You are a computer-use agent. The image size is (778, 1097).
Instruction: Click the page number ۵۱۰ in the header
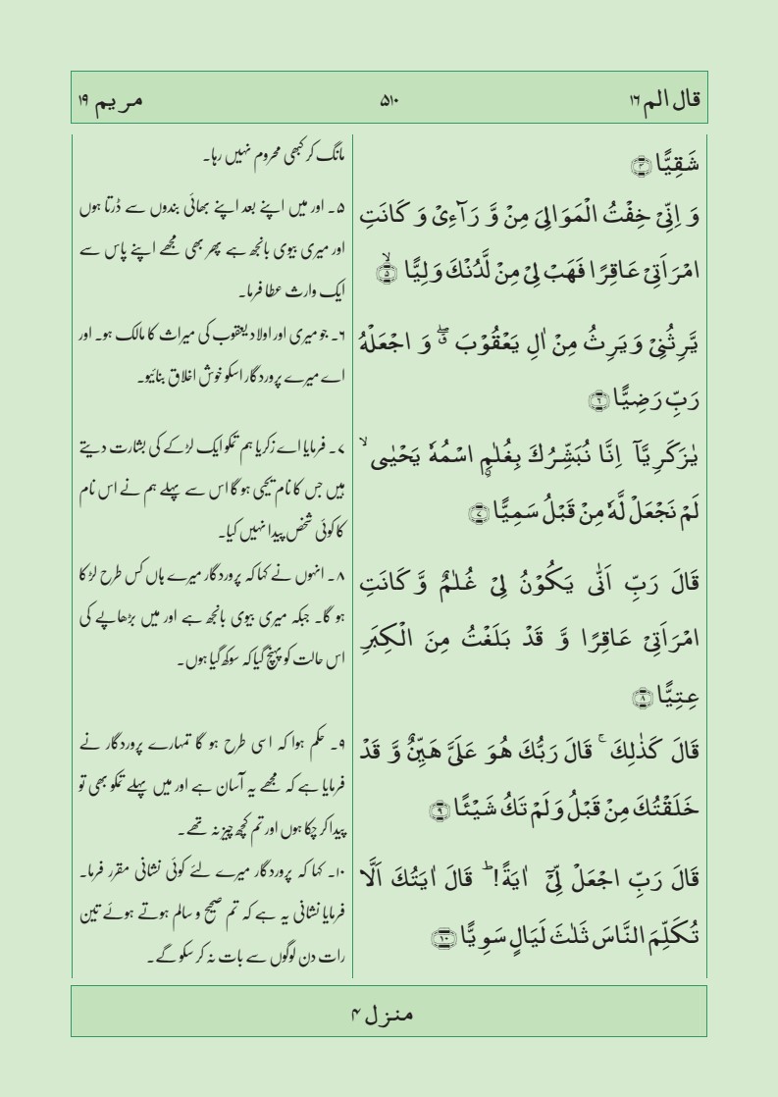click(x=389, y=99)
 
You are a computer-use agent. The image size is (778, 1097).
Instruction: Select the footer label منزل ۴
click(x=389, y=1014)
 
